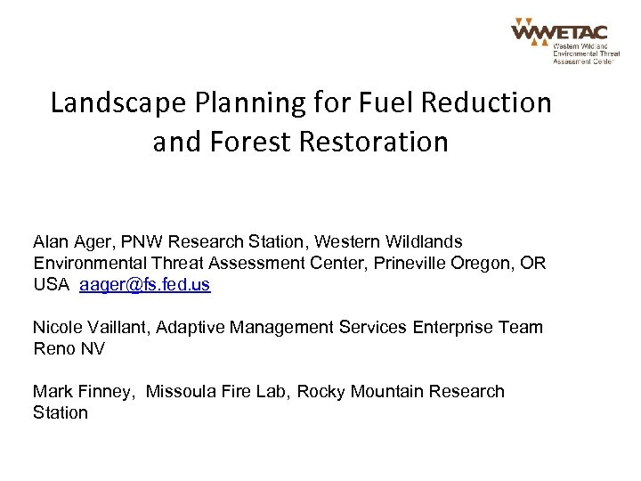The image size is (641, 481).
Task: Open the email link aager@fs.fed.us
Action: point(145,285)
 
